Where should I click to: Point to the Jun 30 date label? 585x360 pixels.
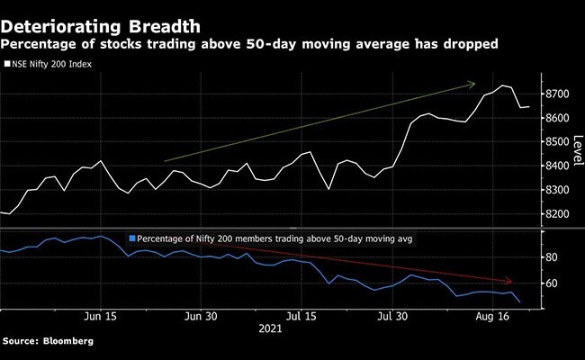pyautogui.click(x=201, y=317)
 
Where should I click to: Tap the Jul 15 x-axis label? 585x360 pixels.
pyautogui.click(x=300, y=317)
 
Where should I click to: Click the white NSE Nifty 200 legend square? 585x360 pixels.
pyautogui.click(x=8, y=64)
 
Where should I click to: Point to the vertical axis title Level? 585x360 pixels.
pyautogui.click(x=578, y=144)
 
